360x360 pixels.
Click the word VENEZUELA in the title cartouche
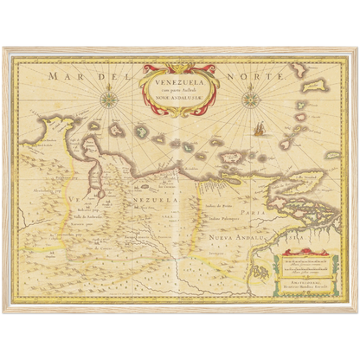(173, 82)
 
